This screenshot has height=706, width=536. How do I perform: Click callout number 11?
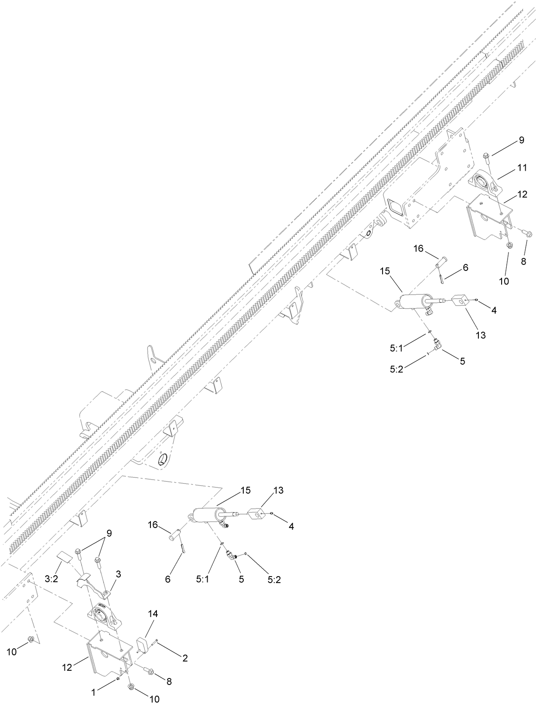click(522, 168)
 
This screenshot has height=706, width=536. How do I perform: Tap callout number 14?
click(153, 614)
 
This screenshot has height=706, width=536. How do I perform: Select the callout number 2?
click(185, 658)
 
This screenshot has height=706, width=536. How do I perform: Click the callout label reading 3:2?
click(51, 579)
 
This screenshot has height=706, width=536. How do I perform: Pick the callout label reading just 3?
click(118, 574)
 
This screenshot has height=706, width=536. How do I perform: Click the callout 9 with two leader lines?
click(109, 533)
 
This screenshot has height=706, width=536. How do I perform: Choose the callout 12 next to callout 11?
click(522, 194)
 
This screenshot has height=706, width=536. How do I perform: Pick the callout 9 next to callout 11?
click(521, 140)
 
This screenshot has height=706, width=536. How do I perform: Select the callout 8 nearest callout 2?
click(169, 681)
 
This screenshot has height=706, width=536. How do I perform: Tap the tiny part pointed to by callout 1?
click(117, 679)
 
